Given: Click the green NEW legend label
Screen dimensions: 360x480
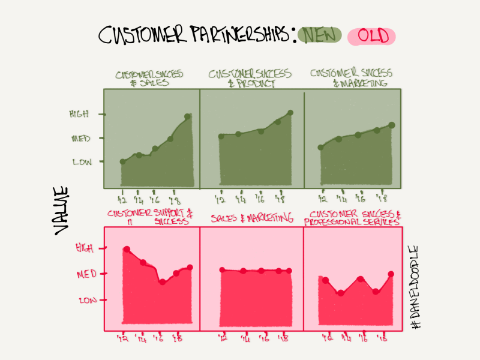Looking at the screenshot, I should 320,36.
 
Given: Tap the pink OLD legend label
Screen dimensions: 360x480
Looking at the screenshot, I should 372,37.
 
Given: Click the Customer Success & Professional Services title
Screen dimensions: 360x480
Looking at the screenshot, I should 352,218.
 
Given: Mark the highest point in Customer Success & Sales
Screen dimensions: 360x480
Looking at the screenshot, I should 188,116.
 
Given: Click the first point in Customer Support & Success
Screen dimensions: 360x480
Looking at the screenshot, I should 127,249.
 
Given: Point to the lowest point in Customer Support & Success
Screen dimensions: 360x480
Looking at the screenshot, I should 162,281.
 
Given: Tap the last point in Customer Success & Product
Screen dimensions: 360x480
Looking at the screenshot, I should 290,113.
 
